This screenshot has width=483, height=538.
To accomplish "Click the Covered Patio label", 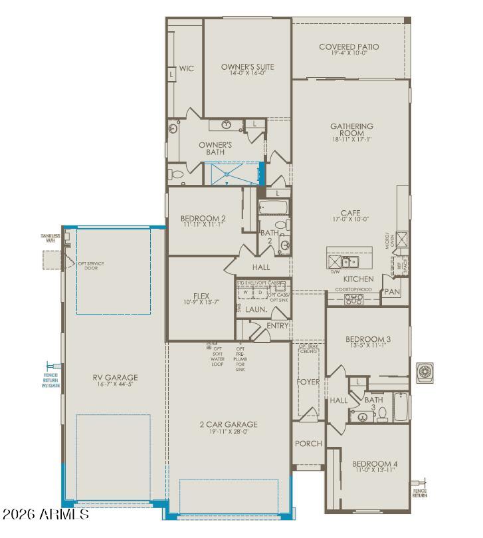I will click(348, 47).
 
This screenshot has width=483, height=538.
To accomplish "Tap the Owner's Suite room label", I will click(247, 67).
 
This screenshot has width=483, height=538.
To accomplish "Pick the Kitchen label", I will click(358, 279).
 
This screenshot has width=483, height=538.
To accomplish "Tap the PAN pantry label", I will click(391, 292).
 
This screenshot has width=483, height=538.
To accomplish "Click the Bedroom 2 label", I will click(203, 219).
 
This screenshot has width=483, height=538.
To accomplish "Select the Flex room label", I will click(201, 297).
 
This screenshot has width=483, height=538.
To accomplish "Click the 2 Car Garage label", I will click(228, 424).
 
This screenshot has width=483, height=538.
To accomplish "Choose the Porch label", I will click(308, 444).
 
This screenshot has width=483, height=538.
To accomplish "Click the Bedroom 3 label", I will click(367, 339).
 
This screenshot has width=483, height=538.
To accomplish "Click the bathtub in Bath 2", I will click(270, 208).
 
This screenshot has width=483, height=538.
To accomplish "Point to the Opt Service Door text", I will click(92, 266).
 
